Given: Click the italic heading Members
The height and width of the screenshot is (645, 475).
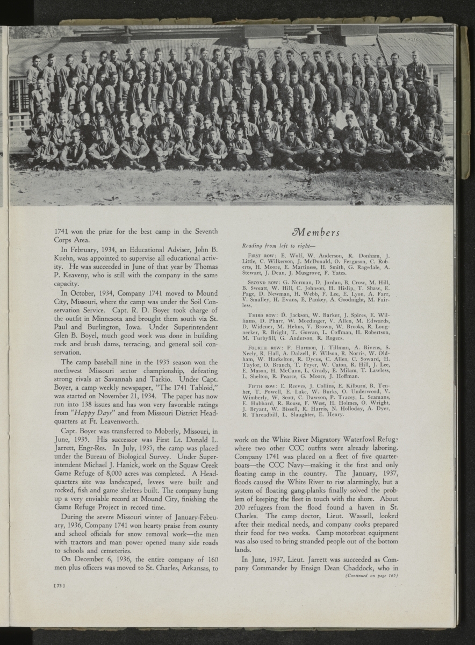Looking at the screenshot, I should tap(315, 232).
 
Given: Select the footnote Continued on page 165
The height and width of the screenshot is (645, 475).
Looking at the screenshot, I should tap(371, 576).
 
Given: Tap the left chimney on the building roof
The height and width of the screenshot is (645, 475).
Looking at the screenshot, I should tap(125, 34).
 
